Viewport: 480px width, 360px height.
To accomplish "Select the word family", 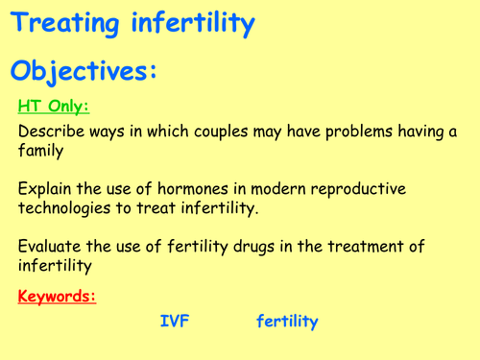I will [42, 154].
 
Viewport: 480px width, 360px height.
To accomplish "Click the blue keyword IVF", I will [175, 323].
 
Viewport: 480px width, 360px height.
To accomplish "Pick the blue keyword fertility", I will [287, 323].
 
